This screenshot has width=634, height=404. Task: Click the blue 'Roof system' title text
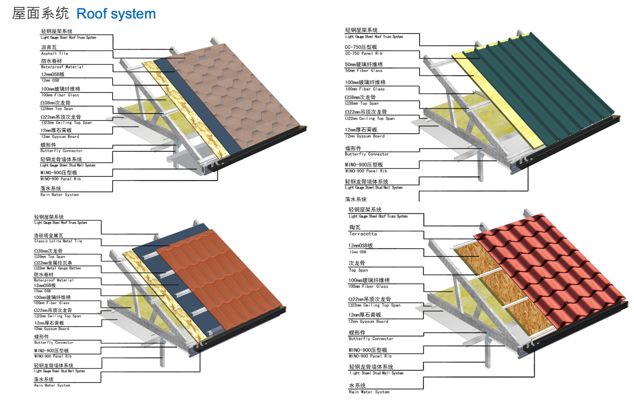coord(116,14)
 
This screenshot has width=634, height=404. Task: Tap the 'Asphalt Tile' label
coord(54,54)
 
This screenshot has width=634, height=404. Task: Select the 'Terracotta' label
coord(363,234)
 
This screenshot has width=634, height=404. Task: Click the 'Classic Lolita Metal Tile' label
coord(58,241)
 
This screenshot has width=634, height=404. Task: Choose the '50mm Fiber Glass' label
coord(364,71)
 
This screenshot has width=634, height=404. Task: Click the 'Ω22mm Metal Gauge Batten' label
coord(58,268)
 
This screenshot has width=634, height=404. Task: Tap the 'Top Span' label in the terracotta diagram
coord(358,270)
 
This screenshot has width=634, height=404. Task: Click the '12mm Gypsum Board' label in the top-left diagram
coord(60,136)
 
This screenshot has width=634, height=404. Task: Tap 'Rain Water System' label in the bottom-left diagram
coord(52,385)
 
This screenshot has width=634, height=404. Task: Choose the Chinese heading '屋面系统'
coord(41,14)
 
